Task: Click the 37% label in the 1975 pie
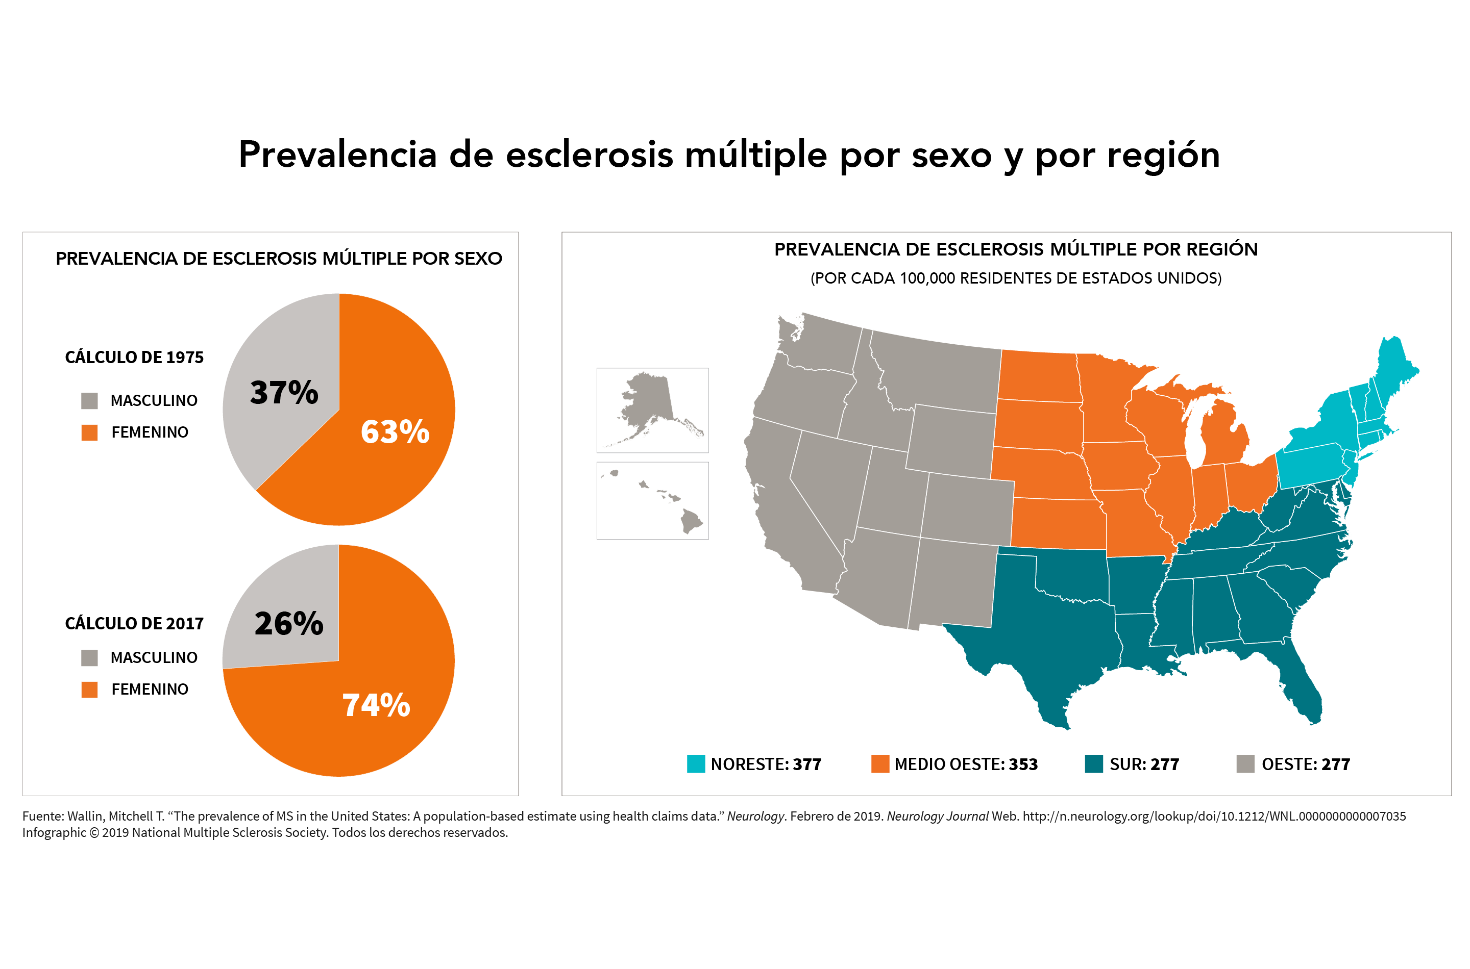coord(284,392)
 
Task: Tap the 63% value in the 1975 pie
coord(395,431)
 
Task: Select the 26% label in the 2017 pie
coord(289,623)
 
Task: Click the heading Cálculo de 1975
coord(134,357)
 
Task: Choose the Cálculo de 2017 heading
coord(134,624)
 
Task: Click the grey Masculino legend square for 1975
coord(90,400)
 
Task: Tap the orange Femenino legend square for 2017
coord(90,690)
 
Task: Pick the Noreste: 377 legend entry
coord(754,764)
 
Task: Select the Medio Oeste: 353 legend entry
coord(954,764)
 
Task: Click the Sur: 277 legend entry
coord(1133,764)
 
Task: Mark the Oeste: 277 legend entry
coord(1294,764)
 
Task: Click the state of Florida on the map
coord(1302,686)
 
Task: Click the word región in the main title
coord(1163,155)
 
